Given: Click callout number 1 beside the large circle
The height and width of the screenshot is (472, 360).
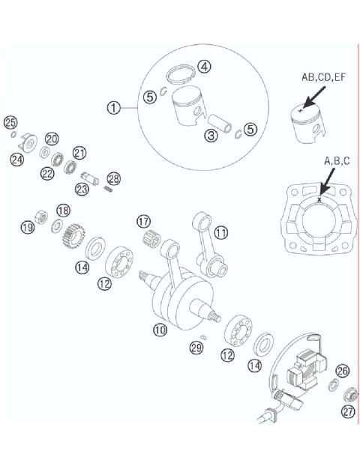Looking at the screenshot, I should point(113,109).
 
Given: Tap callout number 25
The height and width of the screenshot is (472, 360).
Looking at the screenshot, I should point(10,123).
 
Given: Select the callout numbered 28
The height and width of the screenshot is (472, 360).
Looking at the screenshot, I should point(113,178).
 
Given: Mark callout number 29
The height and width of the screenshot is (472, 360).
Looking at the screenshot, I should point(196,348).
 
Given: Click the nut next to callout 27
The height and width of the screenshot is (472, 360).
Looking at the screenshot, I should point(348,395).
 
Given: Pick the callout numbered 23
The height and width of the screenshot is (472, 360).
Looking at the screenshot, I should point(81,190).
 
